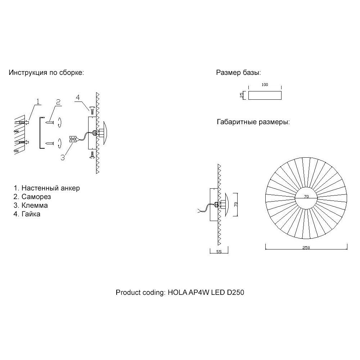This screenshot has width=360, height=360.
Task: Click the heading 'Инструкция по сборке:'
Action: [x=46, y=73]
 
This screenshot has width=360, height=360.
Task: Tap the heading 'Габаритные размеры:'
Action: [x=253, y=122]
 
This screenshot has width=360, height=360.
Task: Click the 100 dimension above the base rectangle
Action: [x=265, y=85]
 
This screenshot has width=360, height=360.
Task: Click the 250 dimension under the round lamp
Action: [x=306, y=248]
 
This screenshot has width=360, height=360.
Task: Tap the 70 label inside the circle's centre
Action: [x=306, y=197]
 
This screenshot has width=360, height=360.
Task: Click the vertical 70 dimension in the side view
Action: [x=236, y=204]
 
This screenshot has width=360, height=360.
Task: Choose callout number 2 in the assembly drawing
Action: [x=58, y=101]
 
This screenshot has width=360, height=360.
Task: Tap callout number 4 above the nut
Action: [x=78, y=97]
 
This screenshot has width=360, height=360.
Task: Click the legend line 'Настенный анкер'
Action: [x=47, y=188]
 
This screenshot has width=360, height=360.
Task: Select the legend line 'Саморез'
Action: [x=32, y=197]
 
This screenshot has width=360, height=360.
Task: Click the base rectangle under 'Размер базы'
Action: [x=265, y=95]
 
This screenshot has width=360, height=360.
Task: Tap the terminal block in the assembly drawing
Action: [x=72, y=139]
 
